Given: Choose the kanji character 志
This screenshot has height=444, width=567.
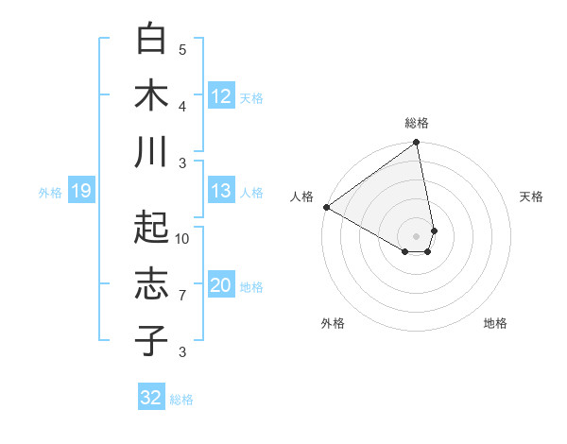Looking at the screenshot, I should pos(151,284).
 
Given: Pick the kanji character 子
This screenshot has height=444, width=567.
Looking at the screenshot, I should pos(151,340).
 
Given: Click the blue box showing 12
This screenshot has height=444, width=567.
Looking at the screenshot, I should pos(221,95).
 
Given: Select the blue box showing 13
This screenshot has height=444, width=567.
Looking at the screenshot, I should pos(221,191).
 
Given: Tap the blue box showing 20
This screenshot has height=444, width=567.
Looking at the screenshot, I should pos(221,285).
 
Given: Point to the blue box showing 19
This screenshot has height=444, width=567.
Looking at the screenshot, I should pos(80,192).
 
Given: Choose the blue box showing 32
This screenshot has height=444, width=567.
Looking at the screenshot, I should pos(151,398).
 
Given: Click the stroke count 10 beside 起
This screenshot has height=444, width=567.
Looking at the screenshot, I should pos(182,238).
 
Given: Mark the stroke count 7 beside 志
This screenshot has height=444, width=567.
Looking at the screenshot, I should pos(182,296).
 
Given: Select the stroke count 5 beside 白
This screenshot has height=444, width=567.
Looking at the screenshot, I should pos(182,49).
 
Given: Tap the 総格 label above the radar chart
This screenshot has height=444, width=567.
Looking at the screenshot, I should pos(417,123).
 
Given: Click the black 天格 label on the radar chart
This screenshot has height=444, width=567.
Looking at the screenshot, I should pos(531,196).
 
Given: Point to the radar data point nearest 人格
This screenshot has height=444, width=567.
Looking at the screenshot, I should pos(325,206).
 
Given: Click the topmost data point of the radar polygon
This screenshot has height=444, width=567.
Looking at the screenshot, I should pos(417,144).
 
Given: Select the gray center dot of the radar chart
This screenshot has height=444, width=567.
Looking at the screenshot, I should pos(417,235).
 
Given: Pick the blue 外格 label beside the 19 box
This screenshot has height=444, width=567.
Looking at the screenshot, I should pos(50,193).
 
